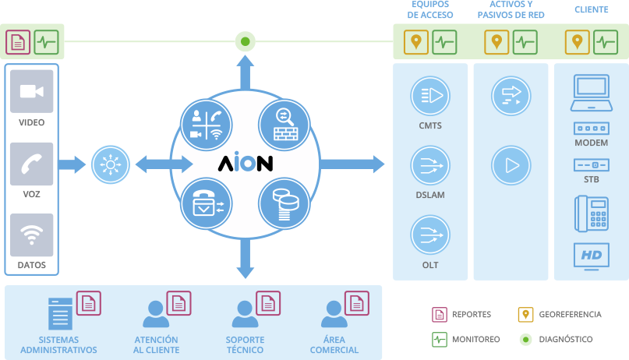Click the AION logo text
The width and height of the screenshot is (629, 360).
(244, 164)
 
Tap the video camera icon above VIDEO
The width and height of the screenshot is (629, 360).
(32, 91)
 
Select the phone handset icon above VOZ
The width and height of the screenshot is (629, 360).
(32, 163)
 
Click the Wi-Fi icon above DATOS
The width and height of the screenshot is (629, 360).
(32, 235)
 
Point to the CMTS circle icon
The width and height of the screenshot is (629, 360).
(429, 96)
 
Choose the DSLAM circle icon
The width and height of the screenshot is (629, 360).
(429, 165)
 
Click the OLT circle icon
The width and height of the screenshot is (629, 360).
(429, 236)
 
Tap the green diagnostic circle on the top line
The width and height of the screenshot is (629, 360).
(245, 41)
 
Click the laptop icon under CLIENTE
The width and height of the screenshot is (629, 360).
(591, 94)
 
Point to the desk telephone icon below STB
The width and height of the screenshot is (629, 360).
(591, 212)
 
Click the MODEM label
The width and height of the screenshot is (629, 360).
(591, 143)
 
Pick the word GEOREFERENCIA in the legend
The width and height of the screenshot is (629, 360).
(571, 315)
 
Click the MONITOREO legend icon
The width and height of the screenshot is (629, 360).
(439, 340)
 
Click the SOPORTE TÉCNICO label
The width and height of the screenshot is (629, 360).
(245, 345)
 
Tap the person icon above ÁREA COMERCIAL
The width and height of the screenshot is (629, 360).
(334, 315)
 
